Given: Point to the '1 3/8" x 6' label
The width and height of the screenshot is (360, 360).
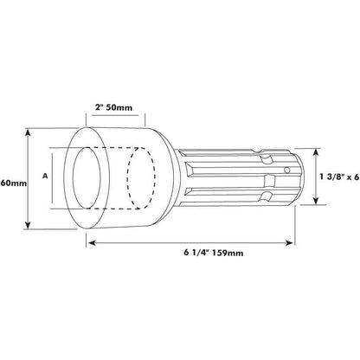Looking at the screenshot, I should coord(337,176).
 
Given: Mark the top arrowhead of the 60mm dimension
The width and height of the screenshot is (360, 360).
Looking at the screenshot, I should coord(30,133).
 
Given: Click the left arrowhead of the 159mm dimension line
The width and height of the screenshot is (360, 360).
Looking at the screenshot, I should coord(90,246).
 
